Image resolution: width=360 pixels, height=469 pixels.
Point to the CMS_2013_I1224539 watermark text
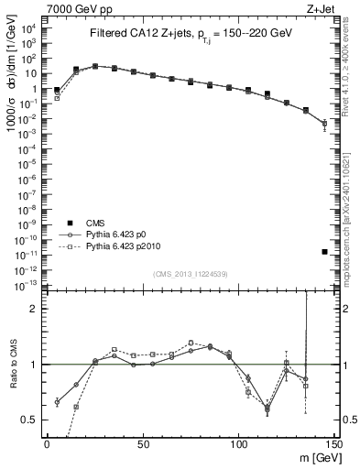(191, 273)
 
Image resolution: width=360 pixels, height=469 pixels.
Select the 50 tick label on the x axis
(142, 443)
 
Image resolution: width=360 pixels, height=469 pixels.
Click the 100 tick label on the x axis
(238, 443)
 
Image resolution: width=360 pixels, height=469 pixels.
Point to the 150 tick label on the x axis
(333, 443)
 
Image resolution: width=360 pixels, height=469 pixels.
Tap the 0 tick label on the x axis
(47, 443)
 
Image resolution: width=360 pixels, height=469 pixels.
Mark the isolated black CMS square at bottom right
(325, 251)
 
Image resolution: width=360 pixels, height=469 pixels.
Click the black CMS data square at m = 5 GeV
(57, 90)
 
